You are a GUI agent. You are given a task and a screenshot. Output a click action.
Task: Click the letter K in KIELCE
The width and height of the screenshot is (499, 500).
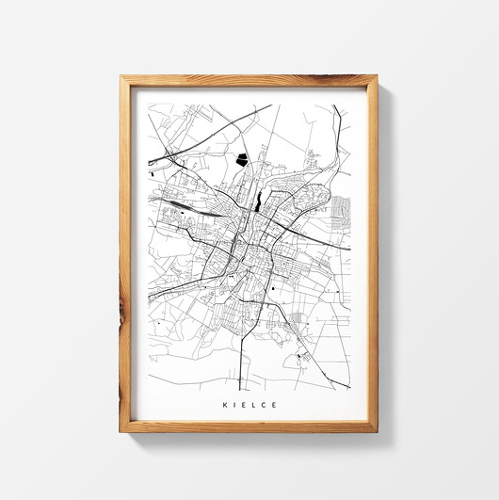point(224,405)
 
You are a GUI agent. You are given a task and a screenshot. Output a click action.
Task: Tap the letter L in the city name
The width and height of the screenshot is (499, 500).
point(251,405)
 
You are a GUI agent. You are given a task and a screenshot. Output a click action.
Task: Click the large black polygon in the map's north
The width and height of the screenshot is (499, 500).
point(243,159)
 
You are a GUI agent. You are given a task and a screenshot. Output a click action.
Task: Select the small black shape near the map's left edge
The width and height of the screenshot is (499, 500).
point(152,172)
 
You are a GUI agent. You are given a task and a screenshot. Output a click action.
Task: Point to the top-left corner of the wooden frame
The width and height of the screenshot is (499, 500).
point(121,77)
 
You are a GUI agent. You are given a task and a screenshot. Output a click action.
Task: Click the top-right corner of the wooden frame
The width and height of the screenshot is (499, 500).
point(376,77)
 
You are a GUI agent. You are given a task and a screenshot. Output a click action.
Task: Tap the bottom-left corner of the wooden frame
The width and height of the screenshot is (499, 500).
point(121,430)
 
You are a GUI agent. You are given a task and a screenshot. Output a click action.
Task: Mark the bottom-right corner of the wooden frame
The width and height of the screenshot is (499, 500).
point(376,430)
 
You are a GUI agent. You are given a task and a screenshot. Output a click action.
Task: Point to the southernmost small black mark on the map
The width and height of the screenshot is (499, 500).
point(299,357)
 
